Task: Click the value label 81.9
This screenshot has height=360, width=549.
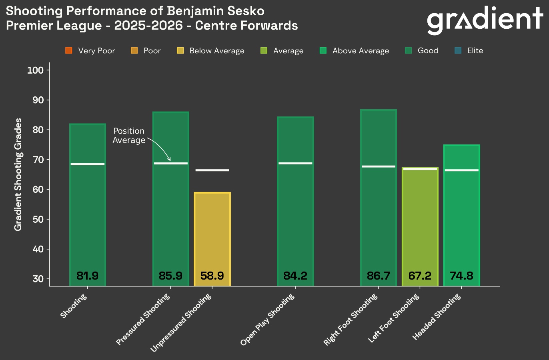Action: [x=87, y=276]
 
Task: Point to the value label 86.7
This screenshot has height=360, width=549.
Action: [x=378, y=276]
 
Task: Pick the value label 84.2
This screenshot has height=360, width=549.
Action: [x=295, y=276]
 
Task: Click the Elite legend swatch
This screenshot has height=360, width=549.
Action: [x=458, y=51]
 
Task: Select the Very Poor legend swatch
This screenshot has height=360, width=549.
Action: [x=69, y=51]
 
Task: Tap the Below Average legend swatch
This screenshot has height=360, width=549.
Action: [x=180, y=51]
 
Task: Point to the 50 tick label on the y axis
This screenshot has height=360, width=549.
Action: [x=38, y=220]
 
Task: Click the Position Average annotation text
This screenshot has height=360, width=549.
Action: [x=129, y=136]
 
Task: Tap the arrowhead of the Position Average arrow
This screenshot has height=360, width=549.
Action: [x=169, y=160]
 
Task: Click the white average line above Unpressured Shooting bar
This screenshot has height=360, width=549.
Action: [x=212, y=170]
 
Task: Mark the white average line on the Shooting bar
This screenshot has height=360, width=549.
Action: [x=87, y=164]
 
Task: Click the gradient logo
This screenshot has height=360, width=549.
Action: [x=485, y=20]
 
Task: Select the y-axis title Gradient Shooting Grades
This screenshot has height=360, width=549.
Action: [x=18, y=174]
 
